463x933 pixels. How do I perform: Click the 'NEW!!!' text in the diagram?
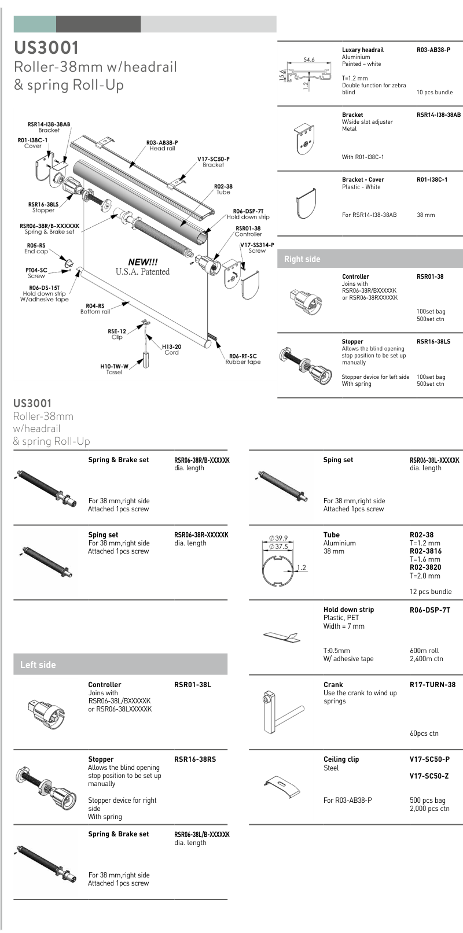142,262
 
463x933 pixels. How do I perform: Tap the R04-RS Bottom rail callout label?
95,309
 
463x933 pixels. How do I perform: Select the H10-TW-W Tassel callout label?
114,369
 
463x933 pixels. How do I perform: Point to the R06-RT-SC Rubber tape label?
243,359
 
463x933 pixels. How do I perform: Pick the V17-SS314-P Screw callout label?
257,248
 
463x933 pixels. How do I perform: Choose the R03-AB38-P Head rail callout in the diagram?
162,145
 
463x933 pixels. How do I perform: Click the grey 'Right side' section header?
302,259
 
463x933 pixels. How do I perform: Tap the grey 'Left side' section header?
38,665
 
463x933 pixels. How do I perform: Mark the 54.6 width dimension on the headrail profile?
309,60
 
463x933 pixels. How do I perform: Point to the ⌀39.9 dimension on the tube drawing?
278,538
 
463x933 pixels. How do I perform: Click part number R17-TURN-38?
432,684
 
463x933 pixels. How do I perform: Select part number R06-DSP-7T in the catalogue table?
429,610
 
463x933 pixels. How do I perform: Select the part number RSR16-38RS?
194,759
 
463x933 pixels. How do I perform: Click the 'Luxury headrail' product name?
362,50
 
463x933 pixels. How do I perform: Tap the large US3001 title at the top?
46,47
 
